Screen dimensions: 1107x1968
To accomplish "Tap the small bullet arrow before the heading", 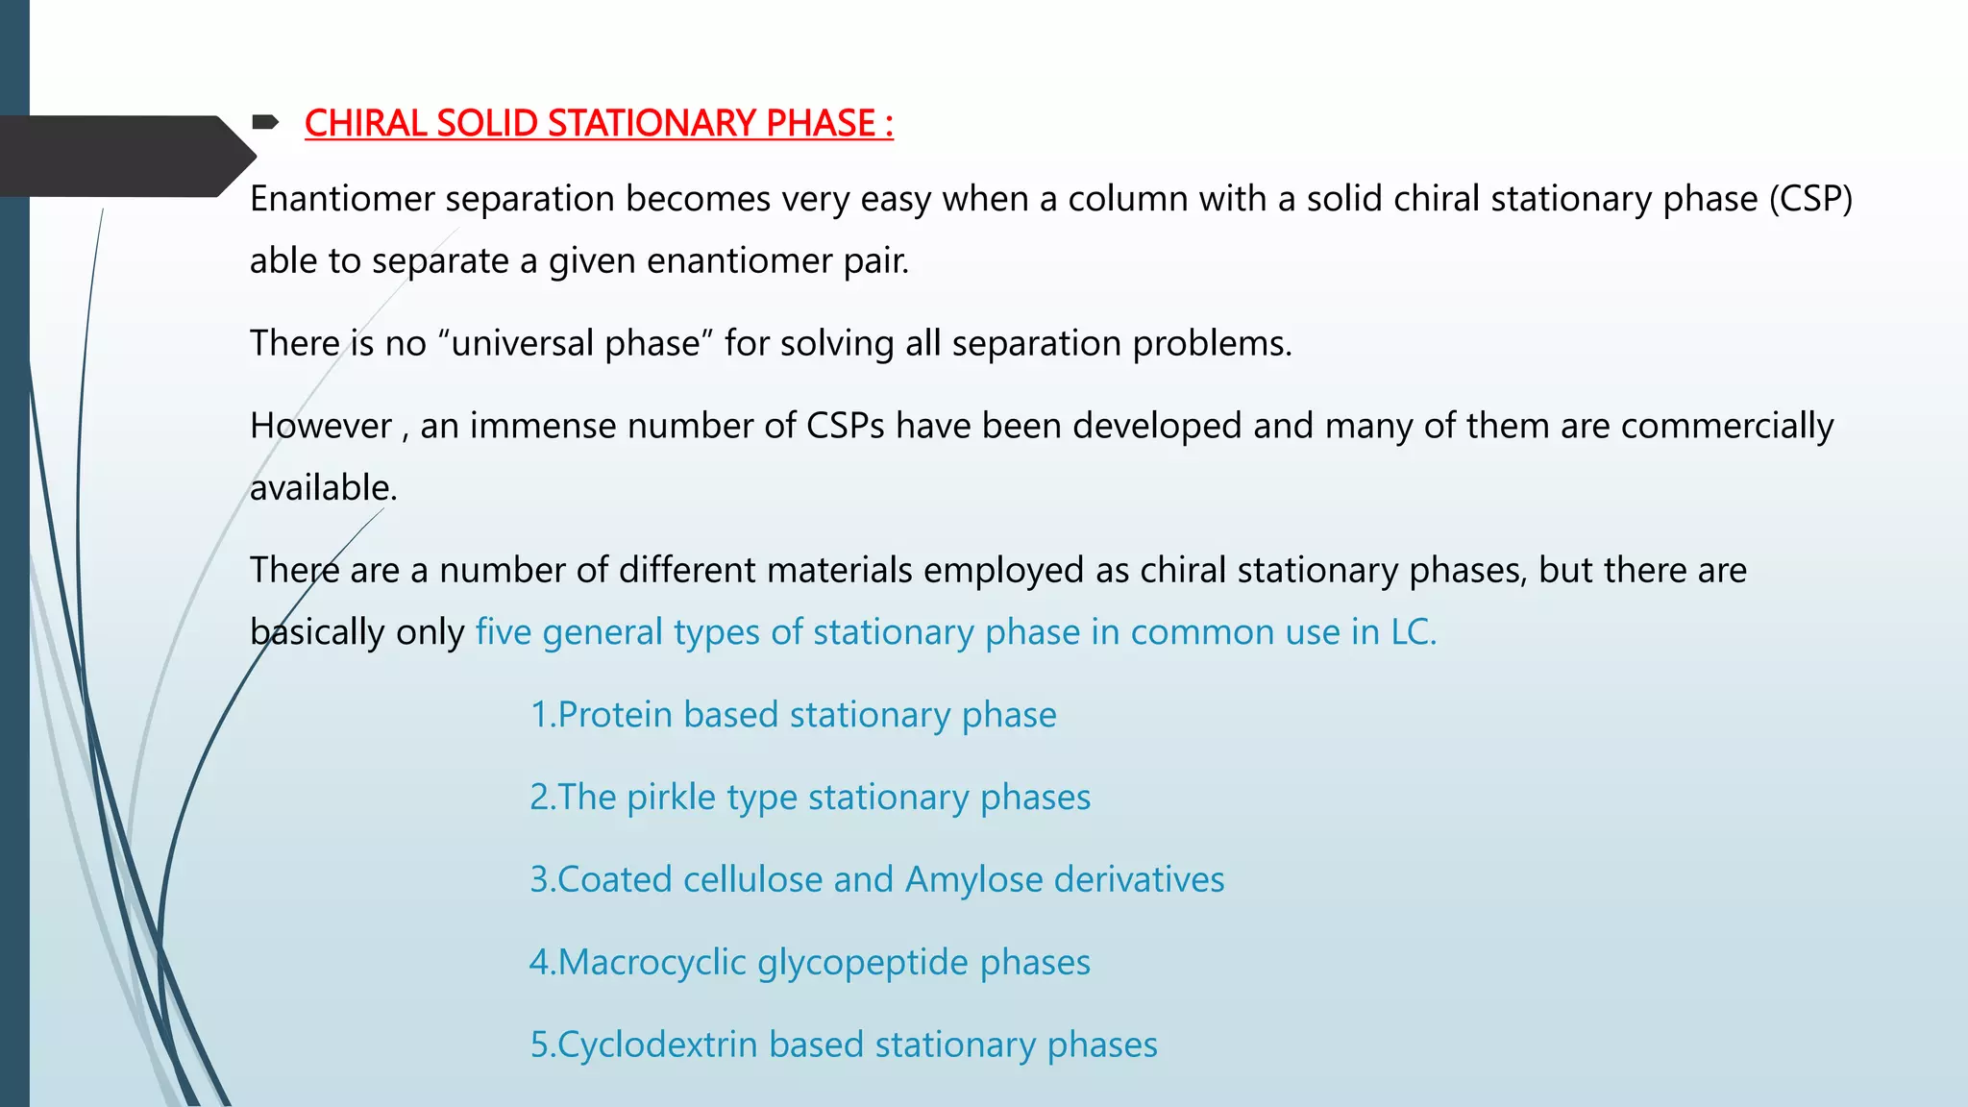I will coord(264,122).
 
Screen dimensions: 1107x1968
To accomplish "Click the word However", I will coord(320,426).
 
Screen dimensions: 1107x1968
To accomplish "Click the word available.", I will coord(323,488).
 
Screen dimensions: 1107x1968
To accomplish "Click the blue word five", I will coord(503,632).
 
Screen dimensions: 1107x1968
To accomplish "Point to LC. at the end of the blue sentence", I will coord(1414,632).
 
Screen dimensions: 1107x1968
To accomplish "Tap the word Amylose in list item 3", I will coord(973,880).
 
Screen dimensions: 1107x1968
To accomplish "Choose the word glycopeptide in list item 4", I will coord(862,963).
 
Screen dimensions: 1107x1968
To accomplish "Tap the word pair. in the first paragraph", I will coord(875,261).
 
